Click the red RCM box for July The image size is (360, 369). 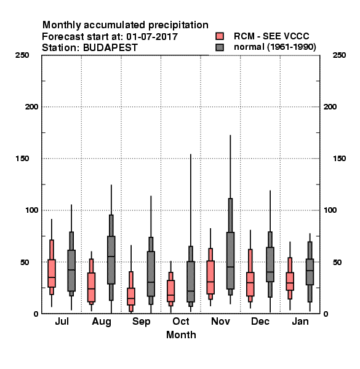click(52, 273)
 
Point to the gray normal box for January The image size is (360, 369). click(310, 272)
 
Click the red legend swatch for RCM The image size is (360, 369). click(220, 36)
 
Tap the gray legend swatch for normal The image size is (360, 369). click(220, 47)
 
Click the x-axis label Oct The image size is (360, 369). click(181, 322)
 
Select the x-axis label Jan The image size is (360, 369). click(300, 322)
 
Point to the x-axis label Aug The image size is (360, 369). click(102, 322)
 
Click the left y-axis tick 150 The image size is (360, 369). click(22, 159)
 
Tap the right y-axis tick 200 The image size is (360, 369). click(330, 107)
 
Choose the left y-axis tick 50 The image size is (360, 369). click(25, 262)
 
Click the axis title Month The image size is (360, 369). click(181, 335)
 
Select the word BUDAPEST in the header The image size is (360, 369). click(110, 48)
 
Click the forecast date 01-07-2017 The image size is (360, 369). click(152, 37)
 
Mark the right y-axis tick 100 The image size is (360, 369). click(330, 210)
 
